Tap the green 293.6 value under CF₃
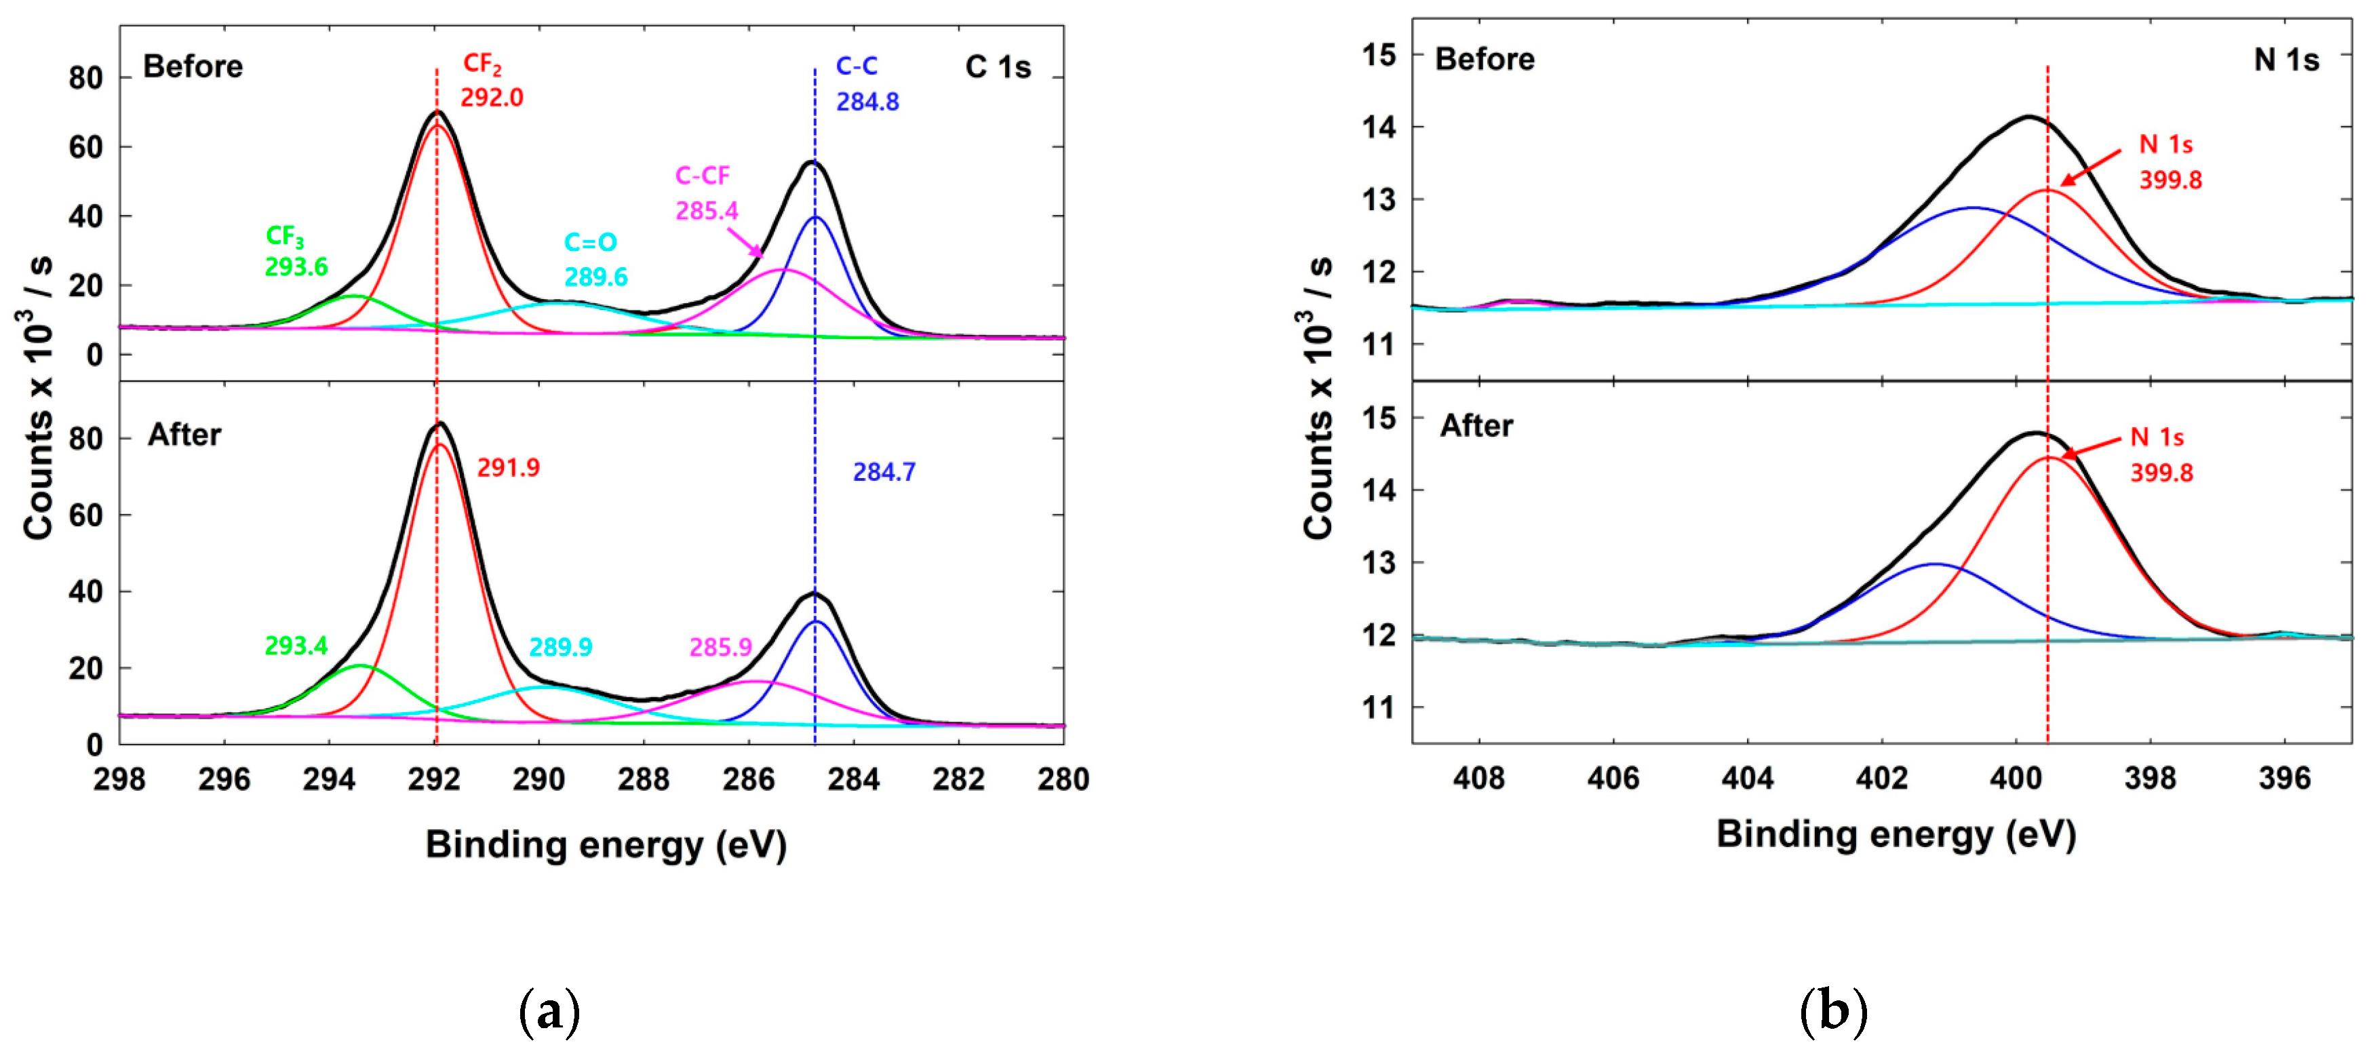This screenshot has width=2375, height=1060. tap(296, 267)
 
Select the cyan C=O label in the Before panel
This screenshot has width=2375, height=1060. tap(590, 242)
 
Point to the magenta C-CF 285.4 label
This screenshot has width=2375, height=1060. tap(705, 193)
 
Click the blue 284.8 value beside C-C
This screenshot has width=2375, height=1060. tap(867, 102)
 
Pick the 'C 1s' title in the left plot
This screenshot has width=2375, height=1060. tap(998, 67)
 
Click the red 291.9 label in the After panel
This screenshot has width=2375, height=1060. tap(508, 468)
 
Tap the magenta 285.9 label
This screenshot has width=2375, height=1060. tap(720, 647)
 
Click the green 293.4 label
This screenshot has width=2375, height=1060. tap(296, 645)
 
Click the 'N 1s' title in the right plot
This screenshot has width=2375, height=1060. tap(2285, 60)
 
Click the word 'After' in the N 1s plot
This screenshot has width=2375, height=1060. tap(1476, 426)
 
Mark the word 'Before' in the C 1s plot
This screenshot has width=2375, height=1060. tap(193, 66)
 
